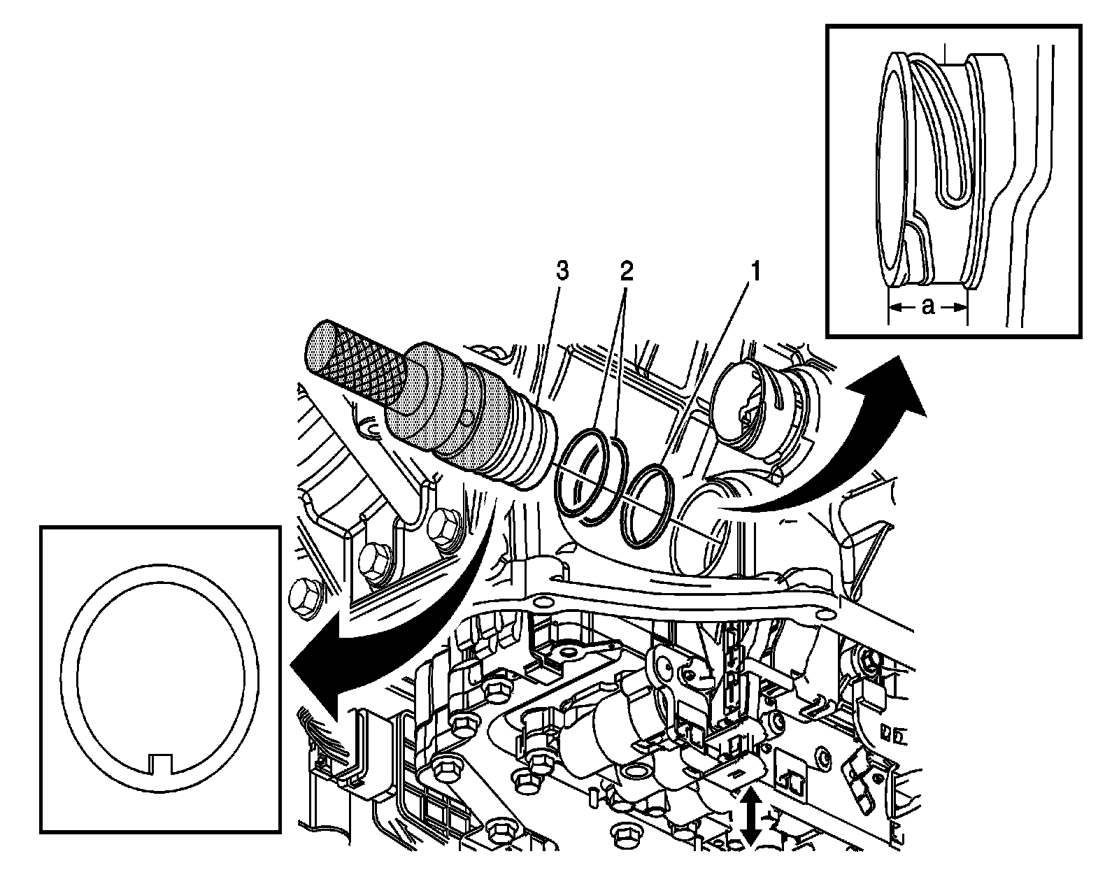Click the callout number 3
pyautogui.click(x=562, y=270)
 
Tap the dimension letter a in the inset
pyautogui.click(x=927, y=306)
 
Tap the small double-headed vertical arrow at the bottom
pyautogui.click(x=750, y=815)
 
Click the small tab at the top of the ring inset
pyautogui.click(x=162, y=571)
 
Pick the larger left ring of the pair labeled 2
pyautogui.click(x=580, y=474)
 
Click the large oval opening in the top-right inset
pyautogui.click(x=892, y=168)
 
